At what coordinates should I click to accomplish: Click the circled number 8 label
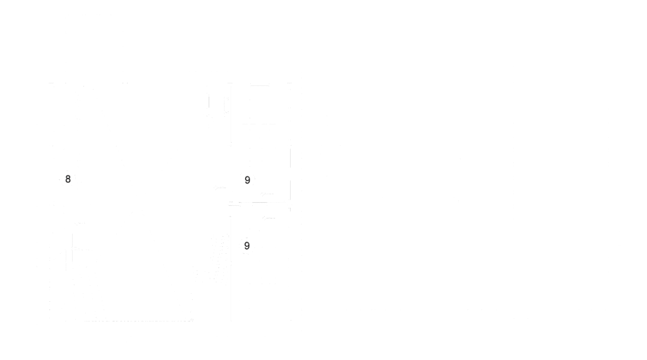tap(68, 179)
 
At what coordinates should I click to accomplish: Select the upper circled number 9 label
tap(247, 179)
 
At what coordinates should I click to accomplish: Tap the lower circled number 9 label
tap(247, 245)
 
